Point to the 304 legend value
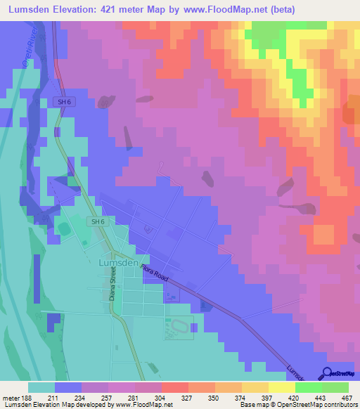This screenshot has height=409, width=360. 160,397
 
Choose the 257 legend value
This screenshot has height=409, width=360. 108,397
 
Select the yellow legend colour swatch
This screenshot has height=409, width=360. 281,387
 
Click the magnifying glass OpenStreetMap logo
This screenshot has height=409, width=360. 326,374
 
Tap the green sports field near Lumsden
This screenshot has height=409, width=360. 64,229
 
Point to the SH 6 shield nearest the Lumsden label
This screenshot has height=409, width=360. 98,222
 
